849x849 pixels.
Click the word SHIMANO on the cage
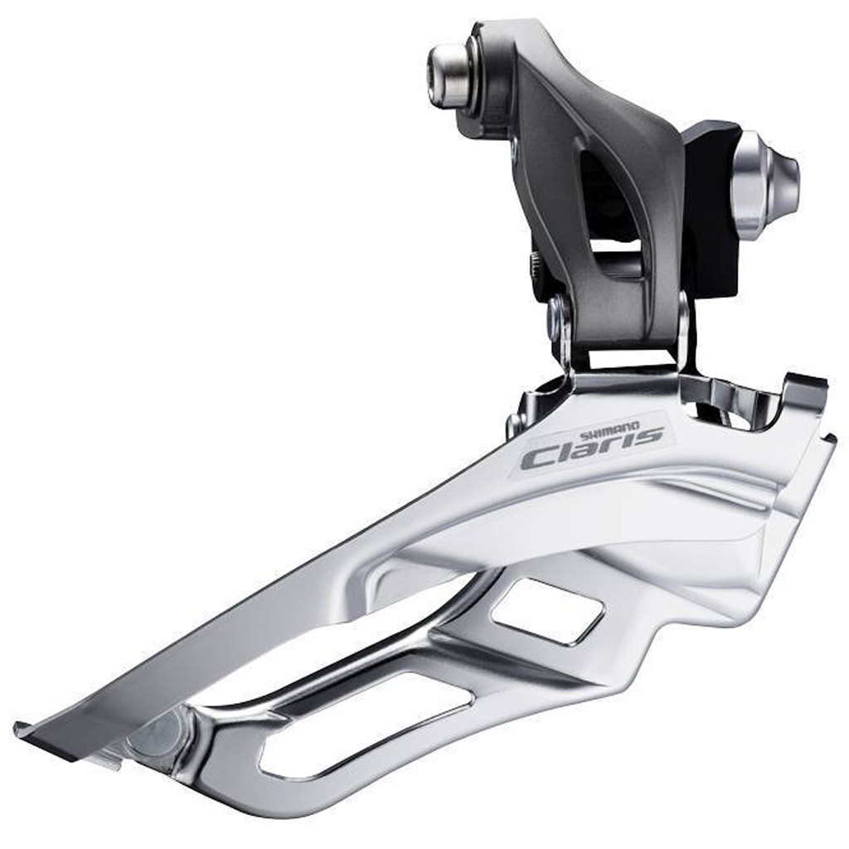(x=610, y=430)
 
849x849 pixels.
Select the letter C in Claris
(x=537, y=459)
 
